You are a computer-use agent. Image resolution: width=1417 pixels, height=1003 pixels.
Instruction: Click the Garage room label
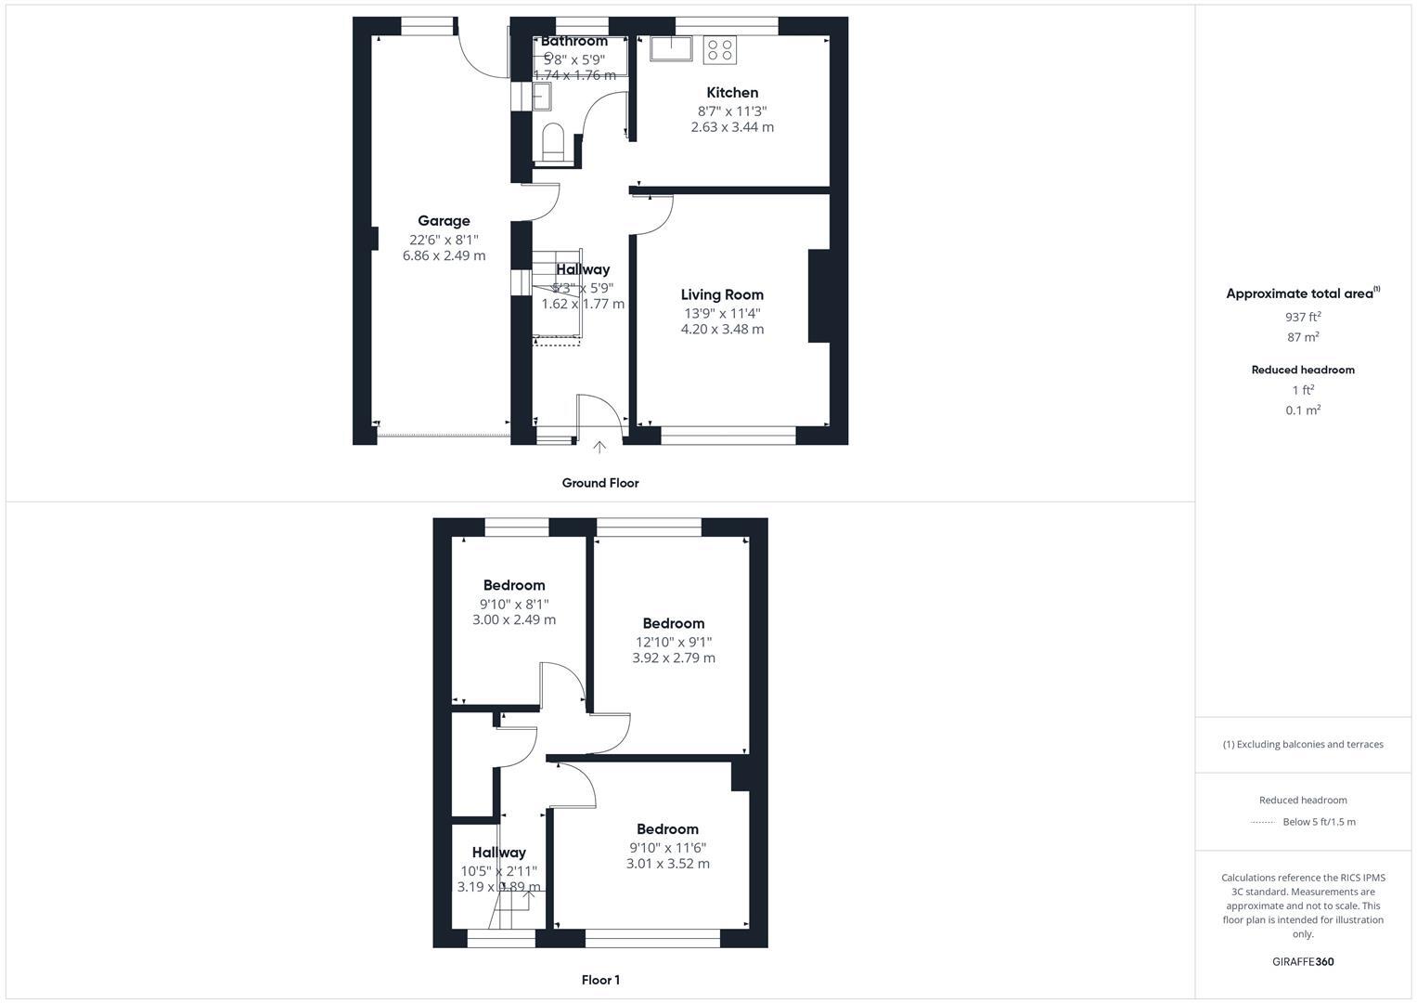point(444,221)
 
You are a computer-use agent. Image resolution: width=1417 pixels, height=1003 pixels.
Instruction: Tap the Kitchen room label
point(732,93)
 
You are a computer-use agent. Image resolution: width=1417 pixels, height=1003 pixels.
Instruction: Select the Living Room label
point(722,294)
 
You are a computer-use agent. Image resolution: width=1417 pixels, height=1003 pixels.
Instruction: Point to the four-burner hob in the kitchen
point(720,49)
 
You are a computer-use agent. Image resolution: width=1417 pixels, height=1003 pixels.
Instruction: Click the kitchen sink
point(672,48)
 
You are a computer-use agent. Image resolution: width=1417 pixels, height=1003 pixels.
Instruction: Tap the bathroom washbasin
point(542,96)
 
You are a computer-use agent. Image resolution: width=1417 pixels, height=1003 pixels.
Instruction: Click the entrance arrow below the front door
point(599,448)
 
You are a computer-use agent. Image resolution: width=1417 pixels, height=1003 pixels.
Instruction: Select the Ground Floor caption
point(600,483)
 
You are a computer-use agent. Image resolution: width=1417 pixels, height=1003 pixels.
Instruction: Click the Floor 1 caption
point(600,980)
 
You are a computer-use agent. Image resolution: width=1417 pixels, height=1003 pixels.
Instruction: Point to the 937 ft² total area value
point(1303,317)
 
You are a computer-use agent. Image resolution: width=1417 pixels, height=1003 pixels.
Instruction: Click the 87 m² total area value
point(1303,337)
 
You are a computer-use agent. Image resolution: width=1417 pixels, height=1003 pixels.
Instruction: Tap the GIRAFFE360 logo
point(1303,961)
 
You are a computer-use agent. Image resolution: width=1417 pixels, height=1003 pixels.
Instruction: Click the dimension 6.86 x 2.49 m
point(444,255)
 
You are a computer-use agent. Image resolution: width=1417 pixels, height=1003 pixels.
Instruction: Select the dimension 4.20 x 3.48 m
point(722,329)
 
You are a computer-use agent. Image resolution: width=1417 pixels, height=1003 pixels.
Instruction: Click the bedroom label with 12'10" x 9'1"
point(673,623)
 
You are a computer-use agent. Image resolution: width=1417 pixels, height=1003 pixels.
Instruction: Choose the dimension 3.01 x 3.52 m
point(667,864)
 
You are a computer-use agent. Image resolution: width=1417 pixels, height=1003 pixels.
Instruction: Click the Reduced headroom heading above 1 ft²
point(1303,370)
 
